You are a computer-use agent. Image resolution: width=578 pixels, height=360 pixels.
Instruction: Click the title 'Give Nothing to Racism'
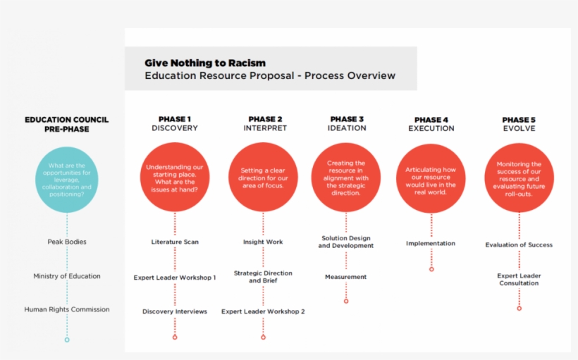tap(205, 63)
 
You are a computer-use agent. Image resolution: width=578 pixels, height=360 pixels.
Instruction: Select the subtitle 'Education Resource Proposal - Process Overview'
tap(270, 76)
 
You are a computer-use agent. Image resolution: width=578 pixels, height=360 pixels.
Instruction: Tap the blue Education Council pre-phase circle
tap(67, 180)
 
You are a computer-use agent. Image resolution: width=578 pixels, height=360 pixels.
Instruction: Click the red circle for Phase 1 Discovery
tap(175, 178)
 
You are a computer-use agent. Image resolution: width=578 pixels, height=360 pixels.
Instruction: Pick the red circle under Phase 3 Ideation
tap(345, 177)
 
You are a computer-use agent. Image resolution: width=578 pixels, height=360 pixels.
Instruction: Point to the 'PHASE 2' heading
tap(265, 119)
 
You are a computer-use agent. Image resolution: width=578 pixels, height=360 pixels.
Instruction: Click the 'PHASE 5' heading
tap(519, 119)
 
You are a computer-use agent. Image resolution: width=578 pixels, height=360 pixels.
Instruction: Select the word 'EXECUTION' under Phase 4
tap(431, 129)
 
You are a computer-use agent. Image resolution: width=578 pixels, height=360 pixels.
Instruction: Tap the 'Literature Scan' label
tap(175, 242)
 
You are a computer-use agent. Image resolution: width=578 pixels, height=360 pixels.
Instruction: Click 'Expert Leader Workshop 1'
tap(175, 278)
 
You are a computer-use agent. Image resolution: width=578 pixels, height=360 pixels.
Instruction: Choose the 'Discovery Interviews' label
tap(175, 311)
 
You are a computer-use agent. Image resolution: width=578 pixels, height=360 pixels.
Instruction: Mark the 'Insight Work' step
tap(263, 242)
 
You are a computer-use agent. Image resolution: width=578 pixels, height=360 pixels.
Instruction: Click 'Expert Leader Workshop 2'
tap(263, 311)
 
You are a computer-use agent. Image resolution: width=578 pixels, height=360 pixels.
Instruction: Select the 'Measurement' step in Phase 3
tap(345, 277)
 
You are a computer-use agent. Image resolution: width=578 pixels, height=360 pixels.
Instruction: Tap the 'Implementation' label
tap(431, 244)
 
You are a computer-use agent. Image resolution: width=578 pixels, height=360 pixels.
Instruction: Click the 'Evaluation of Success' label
tap(519, 245)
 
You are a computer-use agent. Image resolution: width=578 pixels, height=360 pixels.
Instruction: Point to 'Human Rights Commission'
tap(67, 309)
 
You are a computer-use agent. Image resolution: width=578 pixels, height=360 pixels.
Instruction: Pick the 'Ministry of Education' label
tap(67, 276)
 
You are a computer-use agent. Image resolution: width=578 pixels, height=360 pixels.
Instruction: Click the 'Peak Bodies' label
tap(67, 242)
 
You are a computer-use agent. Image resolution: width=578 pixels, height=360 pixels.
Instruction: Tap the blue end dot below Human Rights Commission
tap(67, 340)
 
